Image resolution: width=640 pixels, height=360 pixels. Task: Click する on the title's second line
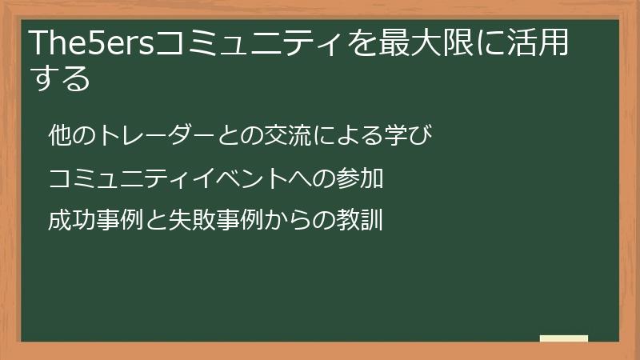pos(60,78)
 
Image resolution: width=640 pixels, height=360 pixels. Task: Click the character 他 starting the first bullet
pos(60,135)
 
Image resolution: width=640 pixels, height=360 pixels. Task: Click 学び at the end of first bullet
pos(409,135)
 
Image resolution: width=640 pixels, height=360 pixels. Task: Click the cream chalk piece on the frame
pos(564,338)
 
